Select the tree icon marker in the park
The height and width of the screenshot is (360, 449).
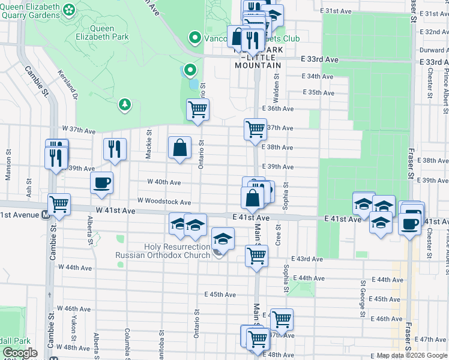(x=125, y=104)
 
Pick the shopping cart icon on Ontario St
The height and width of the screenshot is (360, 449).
(x=198, y=110)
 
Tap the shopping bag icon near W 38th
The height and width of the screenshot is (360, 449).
(x=179, y=147)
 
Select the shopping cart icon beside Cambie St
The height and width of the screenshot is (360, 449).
(x=59, y=204)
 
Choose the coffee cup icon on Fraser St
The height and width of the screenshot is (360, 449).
(x=411, y=223)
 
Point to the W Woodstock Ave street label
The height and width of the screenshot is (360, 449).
(x=164, y=202)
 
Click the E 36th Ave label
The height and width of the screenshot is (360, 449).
(x=277, y=109)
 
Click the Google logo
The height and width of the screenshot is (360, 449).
(x=19, y=353)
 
